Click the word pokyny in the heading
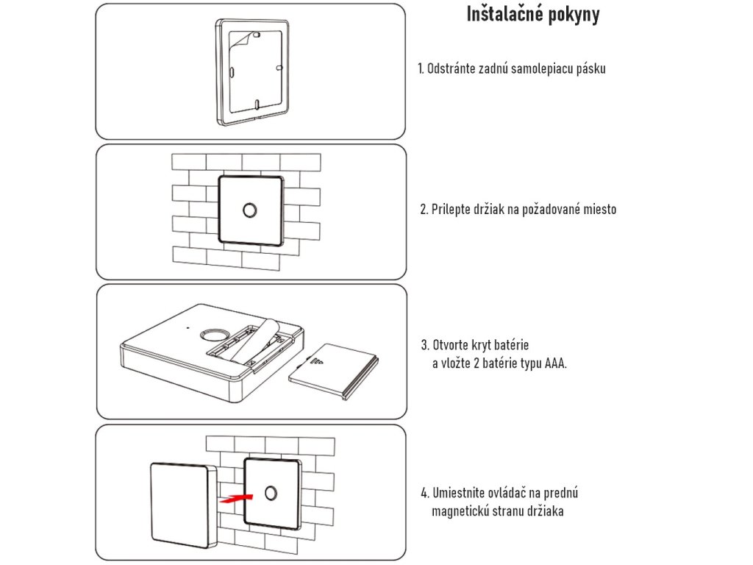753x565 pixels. point(573,15)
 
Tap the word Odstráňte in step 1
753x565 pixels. point(454,68)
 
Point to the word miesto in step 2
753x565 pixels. point(599,210)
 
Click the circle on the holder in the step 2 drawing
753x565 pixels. point(250,210)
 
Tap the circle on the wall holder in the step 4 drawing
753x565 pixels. point(271,494)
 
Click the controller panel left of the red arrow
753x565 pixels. point(182,505)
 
